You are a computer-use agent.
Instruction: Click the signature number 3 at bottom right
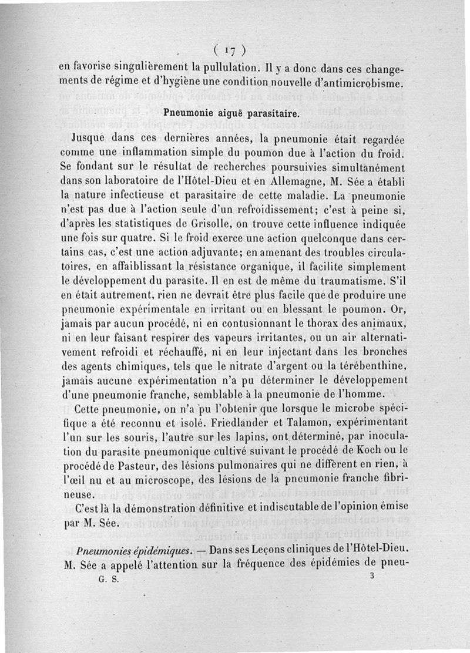(x=372, y=577)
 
